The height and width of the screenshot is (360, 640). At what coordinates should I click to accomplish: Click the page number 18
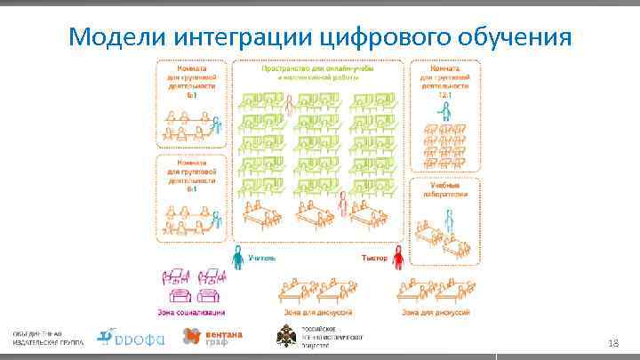(612, 343)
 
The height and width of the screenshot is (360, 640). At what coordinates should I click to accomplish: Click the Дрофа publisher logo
(130, 337)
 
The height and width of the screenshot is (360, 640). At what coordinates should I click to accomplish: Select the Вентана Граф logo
(212, 336)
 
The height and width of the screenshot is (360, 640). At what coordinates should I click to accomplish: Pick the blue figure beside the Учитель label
(236, 258)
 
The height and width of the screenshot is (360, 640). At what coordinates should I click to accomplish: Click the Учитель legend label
(261, 258)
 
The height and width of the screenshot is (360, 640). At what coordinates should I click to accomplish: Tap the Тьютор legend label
(372, 258)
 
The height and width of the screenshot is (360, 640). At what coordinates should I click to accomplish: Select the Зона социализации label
(193, 312)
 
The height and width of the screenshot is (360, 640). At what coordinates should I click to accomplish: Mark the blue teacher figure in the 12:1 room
(444, 110)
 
